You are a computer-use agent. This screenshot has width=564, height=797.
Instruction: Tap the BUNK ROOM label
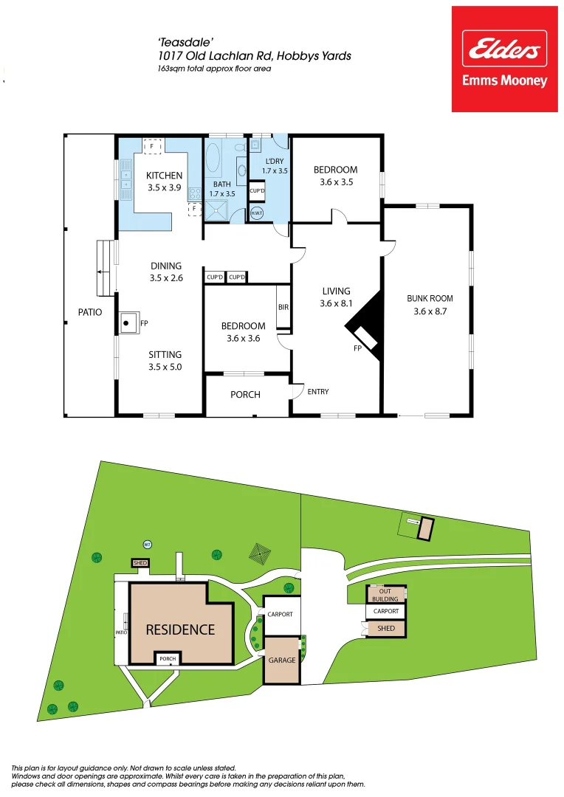pos(430,299)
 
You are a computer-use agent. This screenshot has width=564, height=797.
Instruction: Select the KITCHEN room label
pos(164,176)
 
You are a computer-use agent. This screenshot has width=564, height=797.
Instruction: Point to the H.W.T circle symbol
pos(257,213)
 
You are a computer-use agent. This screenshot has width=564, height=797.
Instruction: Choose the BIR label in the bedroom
pos(283,307)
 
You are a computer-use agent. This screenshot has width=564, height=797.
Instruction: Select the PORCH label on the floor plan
pos(245,395)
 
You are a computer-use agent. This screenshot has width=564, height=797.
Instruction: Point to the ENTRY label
pos(318,391)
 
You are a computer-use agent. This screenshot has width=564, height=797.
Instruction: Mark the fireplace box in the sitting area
pos(128,322)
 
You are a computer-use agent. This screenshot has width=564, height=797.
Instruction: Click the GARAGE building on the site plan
pos(281,660)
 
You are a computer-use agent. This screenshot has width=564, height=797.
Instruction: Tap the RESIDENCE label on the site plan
pos(180,629)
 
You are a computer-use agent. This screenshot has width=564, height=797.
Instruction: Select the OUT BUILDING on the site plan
pos(385,595)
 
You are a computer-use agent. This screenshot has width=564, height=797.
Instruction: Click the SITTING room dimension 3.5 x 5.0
pos(165,367)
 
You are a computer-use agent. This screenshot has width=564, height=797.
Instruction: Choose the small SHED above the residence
pos(140,563)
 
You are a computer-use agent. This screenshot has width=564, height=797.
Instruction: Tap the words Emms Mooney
pos(504,81)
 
